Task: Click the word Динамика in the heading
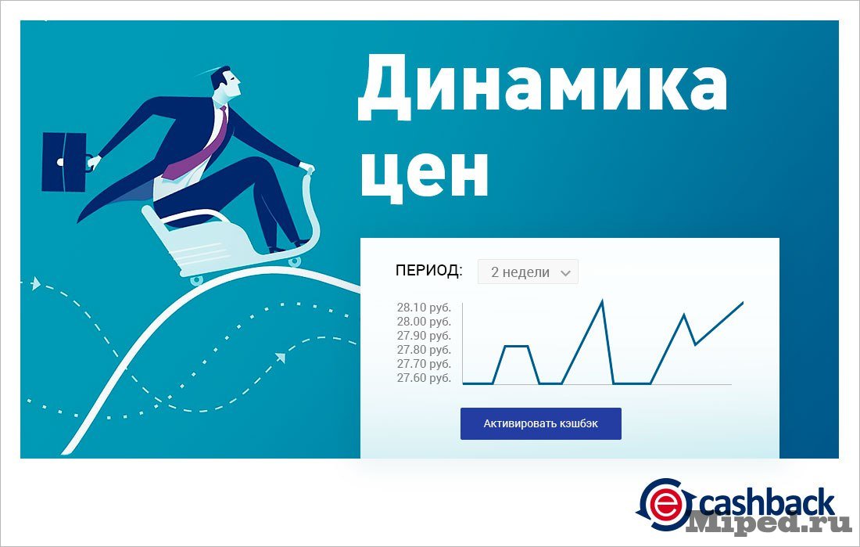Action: point(543,88)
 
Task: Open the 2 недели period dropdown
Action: point(528,272)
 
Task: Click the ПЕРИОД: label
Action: point(429,270)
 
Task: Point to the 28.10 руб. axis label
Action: point(424,307)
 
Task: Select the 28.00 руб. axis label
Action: point(424,322)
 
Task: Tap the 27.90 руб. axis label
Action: point(424,336)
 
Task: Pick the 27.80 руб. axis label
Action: point(424,350)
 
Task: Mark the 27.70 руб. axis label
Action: point(424,364)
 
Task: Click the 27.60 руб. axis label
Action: point(424,378)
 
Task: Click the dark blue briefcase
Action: point(65,162)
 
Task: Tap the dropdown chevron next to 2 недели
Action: point(566,273)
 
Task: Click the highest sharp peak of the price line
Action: point(602,300)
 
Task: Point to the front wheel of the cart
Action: point(295,261)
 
